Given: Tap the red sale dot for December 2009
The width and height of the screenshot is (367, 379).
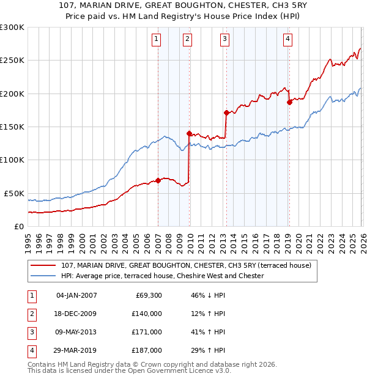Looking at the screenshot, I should [x=190, y=133].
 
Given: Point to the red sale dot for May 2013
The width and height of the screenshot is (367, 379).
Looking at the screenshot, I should [x=226, y=112].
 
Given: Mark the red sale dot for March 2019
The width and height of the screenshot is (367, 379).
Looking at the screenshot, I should [x=289, y=102].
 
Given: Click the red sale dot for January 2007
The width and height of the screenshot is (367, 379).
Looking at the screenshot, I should [x=158, y=180].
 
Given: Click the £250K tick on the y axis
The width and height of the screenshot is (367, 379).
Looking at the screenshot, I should [x=12, y=61].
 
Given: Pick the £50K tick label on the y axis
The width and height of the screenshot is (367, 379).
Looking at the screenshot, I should [x=14, y=193].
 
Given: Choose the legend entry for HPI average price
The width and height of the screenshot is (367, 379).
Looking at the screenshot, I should [x=162, y=276].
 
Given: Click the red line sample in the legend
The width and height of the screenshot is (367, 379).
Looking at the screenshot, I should [x=44, y=265].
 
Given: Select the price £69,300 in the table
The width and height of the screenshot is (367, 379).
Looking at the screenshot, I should [x=146, y=295].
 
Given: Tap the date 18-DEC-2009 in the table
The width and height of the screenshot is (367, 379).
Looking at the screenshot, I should [x=76, y=314].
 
